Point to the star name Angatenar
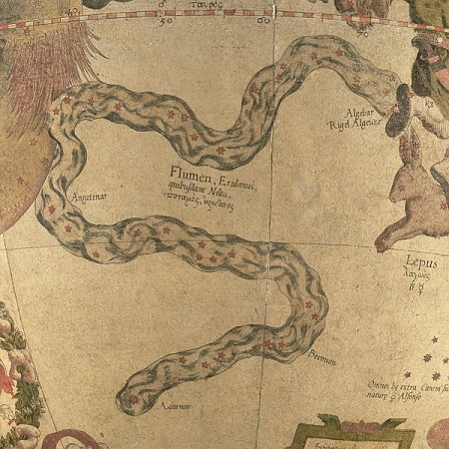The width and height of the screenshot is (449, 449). pyautogui.click(x=89, y=198)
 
